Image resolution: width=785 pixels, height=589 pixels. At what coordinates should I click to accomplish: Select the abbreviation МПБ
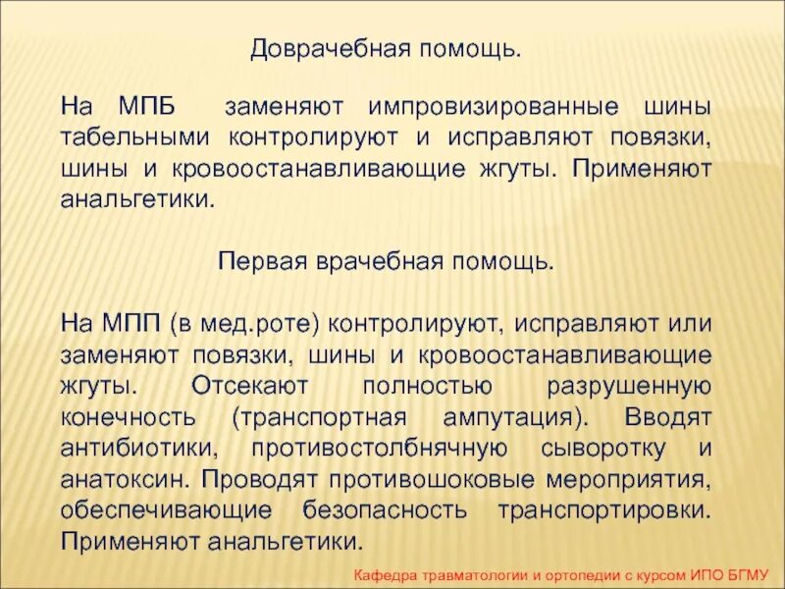154,105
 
